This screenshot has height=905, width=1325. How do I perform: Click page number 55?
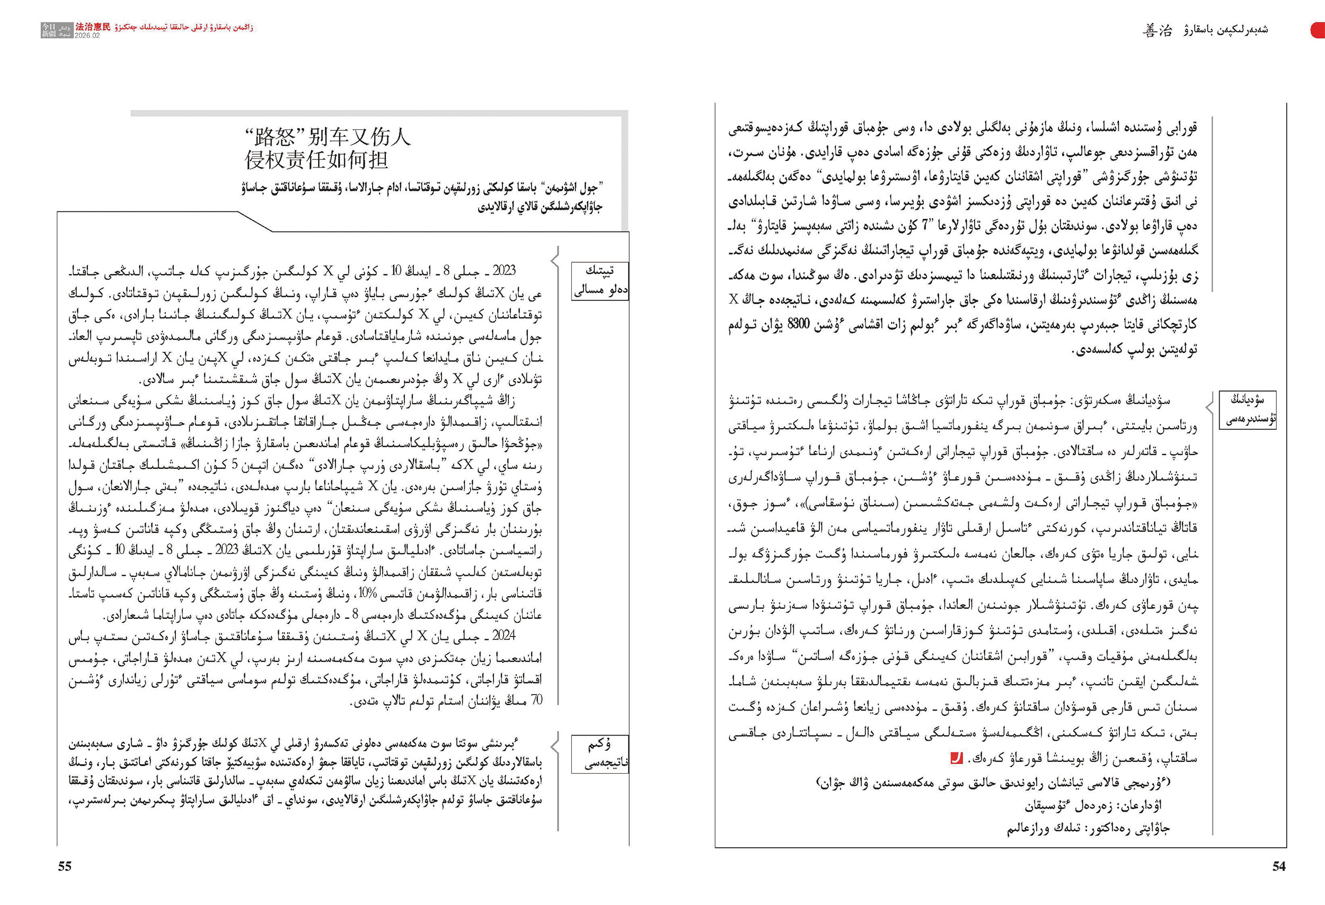click(x=65, y=866)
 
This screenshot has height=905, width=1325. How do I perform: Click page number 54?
click(x=1279, y=866)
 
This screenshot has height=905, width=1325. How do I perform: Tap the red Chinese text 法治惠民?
click(x=93, y=27)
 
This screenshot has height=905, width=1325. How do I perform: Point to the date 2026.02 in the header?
click(x=87, y=36)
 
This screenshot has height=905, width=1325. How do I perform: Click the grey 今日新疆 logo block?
click(x=56, y=30)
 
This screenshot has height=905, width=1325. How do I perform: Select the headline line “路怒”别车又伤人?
click(x=327, y=137)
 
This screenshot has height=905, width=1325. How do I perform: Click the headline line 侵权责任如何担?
click(x=316, y=160)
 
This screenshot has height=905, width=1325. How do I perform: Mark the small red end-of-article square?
click(x=956, y=759)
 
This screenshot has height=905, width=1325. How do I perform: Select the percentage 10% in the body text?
click(x=367, y=593)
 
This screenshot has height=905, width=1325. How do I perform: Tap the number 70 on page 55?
click(x=536, y=700)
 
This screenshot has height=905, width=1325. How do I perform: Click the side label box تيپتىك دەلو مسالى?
click(x=600, y=280)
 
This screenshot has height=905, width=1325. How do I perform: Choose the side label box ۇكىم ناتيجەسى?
click(x=600, y=753)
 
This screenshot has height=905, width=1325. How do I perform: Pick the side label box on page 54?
click(x=1247, y=409)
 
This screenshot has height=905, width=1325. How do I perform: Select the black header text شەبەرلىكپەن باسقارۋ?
click(x=1226, y=30)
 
